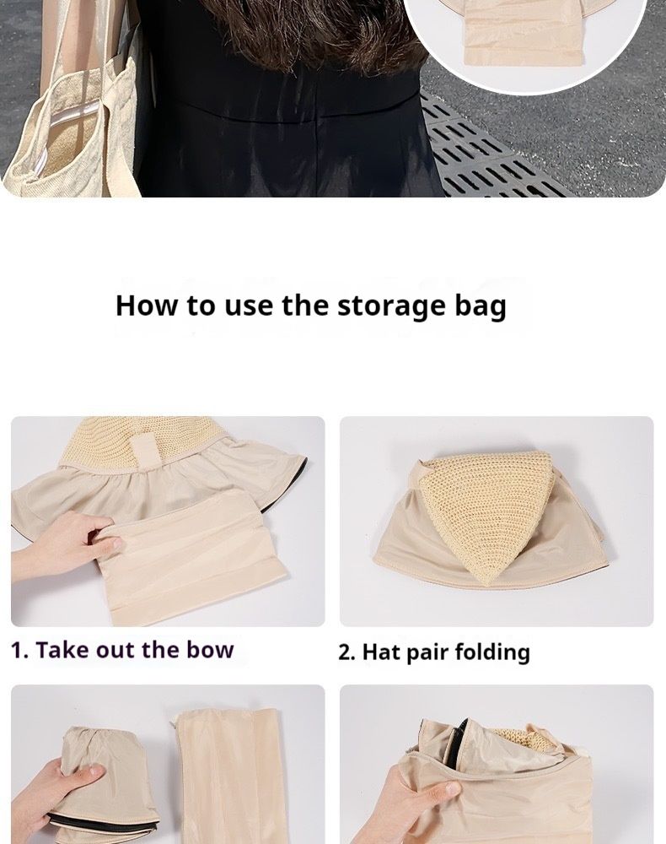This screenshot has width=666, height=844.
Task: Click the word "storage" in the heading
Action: [x=392, y=306]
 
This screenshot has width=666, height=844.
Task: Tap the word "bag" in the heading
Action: [x=481, y=306]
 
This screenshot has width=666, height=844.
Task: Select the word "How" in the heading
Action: [x=147, y=305]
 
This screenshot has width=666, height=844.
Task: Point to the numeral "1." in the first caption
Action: [x=19, y=650]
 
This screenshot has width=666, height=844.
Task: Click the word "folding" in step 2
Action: [x=492, y=652]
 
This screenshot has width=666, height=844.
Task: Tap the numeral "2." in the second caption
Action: [x=346, y=652]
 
